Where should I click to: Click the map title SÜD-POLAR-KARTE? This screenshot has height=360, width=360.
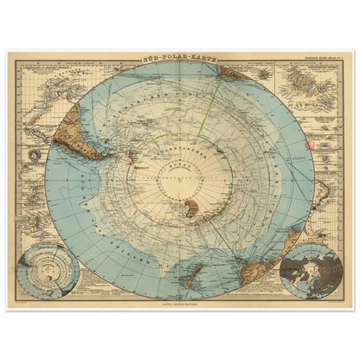tap(179, 57)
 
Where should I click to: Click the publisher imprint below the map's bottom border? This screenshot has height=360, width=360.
tap(180, 305)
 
